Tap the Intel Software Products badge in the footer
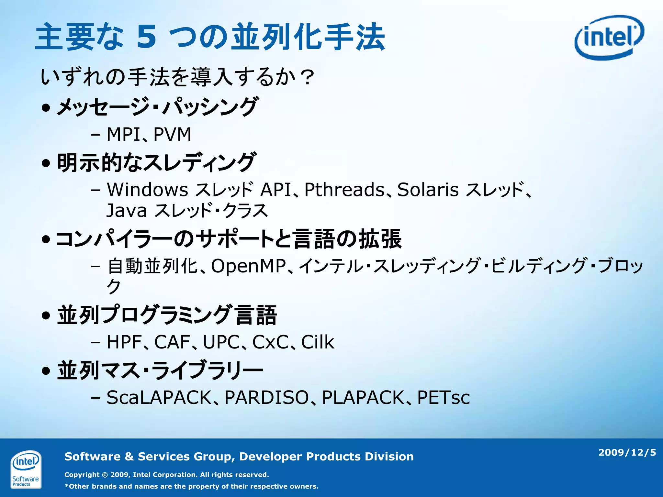26,469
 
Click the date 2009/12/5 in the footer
627,452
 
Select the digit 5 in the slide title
146,37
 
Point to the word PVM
172,134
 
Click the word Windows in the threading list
148,190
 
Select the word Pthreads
344,190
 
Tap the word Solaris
428,190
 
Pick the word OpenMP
249,266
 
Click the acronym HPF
124,342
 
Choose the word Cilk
318,342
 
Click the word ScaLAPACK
159,398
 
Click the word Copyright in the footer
82,475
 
